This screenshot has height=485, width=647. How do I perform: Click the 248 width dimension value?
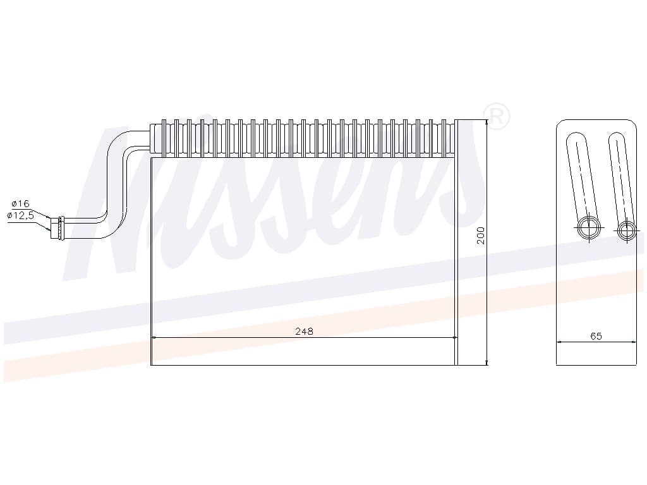(x=304, y=331)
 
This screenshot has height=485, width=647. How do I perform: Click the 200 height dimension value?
(x=481, y=236)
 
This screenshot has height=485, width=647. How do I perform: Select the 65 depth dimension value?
(x=596, y=336)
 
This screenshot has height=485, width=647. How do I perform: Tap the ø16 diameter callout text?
(x=21, y=203)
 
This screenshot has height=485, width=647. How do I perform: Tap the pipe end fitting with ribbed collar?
(x=58, y=229)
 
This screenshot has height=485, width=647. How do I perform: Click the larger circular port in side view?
(x=589, y=228)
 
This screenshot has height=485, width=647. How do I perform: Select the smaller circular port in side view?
(x=626, y=231)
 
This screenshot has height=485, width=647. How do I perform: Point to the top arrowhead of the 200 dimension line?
(x=487, y=122)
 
